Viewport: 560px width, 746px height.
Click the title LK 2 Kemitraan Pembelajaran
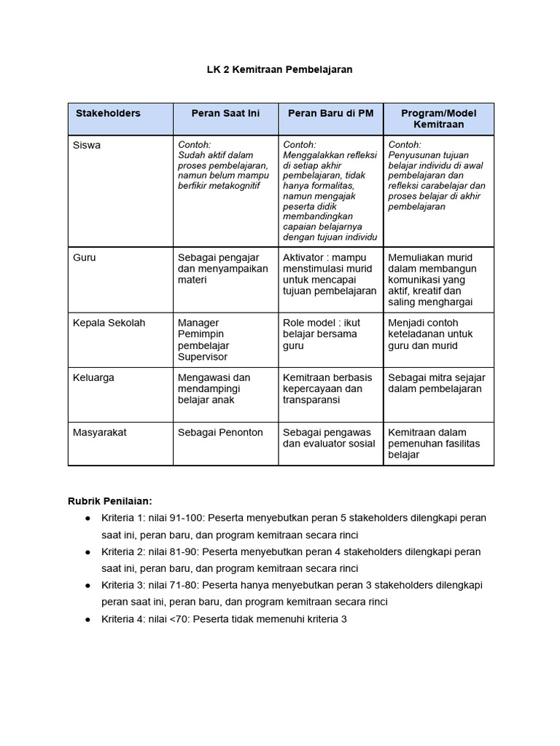pos(279,69)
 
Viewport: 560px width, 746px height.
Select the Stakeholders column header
pos(108,114)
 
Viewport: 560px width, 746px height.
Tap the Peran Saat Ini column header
pos(225,114)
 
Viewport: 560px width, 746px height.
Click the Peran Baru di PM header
pos(330,114)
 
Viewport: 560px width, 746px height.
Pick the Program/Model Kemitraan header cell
pos(439,119)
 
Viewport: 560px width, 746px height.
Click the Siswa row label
pos(87,145)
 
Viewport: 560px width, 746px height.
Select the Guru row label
pos(85,257)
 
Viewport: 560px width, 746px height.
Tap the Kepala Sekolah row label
pos(109,323)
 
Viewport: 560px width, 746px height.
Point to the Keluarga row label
pos(94,377)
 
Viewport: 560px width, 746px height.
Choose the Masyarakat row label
pos(100,432)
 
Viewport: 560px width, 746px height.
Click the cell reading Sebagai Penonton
pos(220,432)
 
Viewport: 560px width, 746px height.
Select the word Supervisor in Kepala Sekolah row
pos(203,357)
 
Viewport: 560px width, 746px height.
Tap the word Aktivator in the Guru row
pos(304,257)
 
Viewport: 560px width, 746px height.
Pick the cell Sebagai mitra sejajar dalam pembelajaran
pos(437,383)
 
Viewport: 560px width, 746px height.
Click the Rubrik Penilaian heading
pos(110,500)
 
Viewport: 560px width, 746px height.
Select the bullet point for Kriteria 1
pos(87,518)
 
